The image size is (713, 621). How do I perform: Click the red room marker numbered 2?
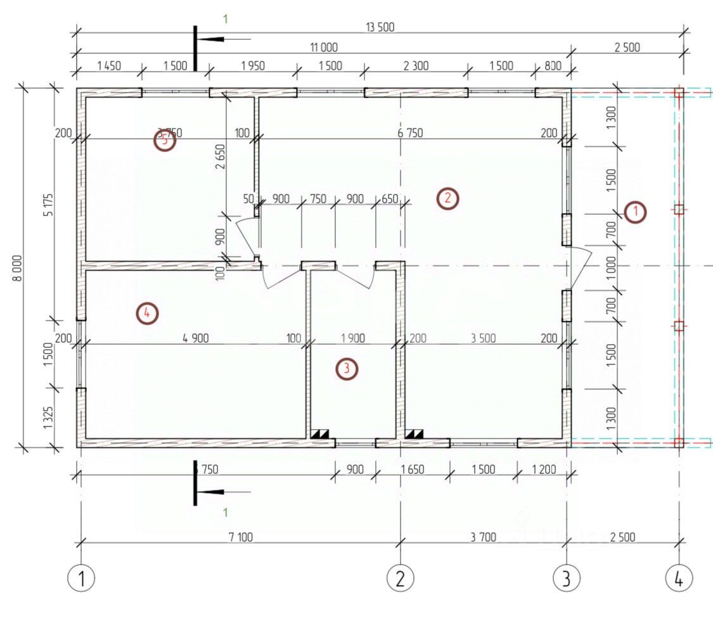pyautogui.click(x=447, y=198)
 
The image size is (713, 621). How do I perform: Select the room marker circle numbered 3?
pyautogui.click(x=347, y=368)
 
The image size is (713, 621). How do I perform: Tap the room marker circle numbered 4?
pyautogui.click(x=146, y=312)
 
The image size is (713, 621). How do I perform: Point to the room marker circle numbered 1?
pyautogui.click(x=634, y=212)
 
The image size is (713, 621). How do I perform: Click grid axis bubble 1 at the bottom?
pyautogui.click(x=81, y=578)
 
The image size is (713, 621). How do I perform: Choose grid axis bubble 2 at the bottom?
pyautogui.click(x=401, y=578)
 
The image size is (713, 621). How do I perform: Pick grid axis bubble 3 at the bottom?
pyautogui.click(x=566, y=578)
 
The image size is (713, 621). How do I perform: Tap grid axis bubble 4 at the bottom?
pyautogui.click(x=679, y=578)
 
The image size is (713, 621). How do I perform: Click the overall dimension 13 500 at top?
pyautogui.click(x=380, y=27)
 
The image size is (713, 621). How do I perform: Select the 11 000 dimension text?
pyautogui.click(x=323, y=47)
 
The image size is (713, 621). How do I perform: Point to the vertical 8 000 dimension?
pyautogui.click(x=17, y=267)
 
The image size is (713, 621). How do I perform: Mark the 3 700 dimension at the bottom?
pyautogui.click(x=483, y=537)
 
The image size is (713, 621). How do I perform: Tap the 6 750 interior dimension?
pyautogui.click(x=410, y=133)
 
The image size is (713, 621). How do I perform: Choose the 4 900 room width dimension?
pyautogui.click(x=195, y=338)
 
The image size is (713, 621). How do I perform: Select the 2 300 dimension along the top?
pyautogui.click(x=416, y=65)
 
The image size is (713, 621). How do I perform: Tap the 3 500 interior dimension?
pyautogui.click(x=483, y=338)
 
